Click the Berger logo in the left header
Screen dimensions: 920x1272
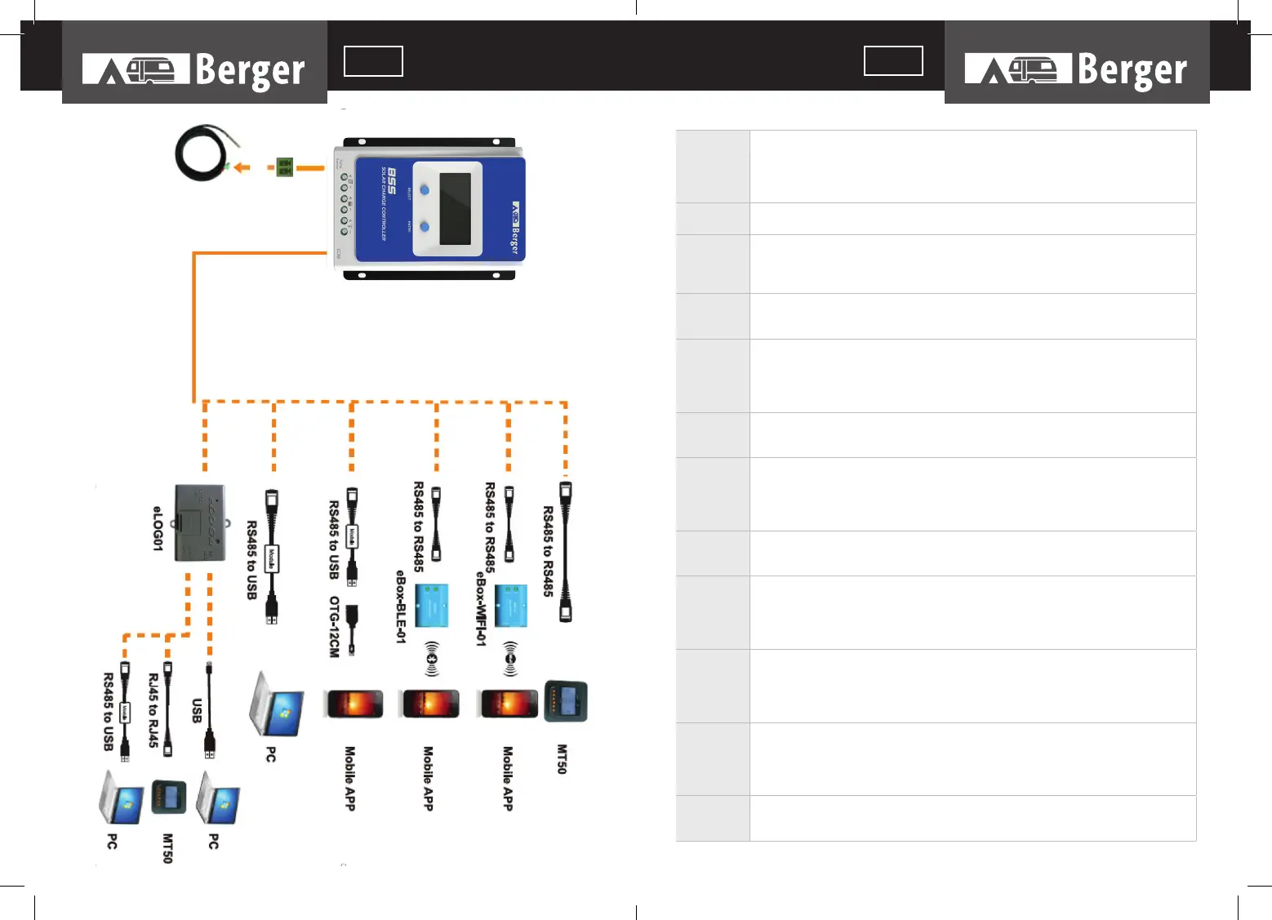[x=194, y=70]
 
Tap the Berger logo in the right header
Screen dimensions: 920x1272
[x=1076, y=70]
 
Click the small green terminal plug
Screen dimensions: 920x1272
[x=284, y=167]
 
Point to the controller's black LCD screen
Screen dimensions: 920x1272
[x=455, y=209]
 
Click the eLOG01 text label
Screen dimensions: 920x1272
[x=158, y=528]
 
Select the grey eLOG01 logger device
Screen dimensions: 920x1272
[x=200, y=523]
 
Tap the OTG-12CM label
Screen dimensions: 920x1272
[x=334, y=627]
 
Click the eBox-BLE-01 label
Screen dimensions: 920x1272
[x=401, y=607]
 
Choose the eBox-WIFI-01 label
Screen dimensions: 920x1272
[x=481, y=608]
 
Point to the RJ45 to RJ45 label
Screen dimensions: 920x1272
[x=153, y=710]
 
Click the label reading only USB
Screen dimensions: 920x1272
[x=197, y=710]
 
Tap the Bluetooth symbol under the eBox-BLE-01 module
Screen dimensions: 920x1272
[x=432, y=659]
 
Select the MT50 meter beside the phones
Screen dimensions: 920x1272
[x=566, y=701]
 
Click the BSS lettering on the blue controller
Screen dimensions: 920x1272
[x=392, y=180]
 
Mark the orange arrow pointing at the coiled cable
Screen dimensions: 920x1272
[x=241, y=167]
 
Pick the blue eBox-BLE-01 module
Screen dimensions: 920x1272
[x=432, y=606]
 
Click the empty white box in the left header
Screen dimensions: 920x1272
[x=373, y=61]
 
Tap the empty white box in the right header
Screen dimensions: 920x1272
[x=893, y=61]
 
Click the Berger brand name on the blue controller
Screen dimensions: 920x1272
[x=514, y=229]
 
